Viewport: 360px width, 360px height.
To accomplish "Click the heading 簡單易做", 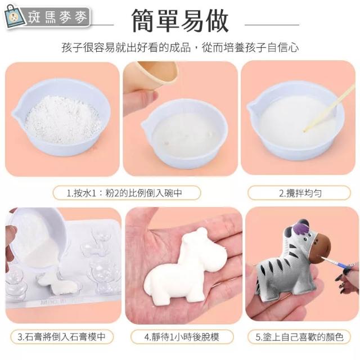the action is click(x=180, y=21).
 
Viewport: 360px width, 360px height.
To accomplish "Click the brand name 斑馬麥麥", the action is click(x=57, y=17).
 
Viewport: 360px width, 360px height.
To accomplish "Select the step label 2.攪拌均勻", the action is click(x=300, y=193).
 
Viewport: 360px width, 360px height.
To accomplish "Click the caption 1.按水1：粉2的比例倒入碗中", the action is click(x=124, y=193).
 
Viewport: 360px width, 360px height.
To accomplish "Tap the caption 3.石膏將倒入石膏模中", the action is click(x=61, y=337).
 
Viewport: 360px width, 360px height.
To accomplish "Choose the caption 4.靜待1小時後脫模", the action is click(x=182, y=337).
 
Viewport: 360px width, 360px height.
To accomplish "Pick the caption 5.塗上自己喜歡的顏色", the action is click(x=300, y=337).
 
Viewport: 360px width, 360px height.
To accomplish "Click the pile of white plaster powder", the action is click(x=62, y=119).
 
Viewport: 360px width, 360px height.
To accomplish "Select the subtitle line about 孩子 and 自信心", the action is click(x=180, y=47).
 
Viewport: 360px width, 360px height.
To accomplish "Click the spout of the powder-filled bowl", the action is click(x=16, y=112).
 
